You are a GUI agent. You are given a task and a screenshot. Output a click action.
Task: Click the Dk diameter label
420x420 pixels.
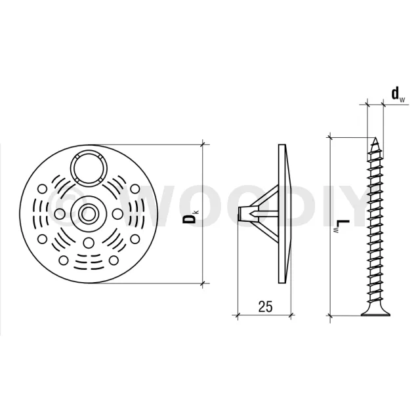[190, 217]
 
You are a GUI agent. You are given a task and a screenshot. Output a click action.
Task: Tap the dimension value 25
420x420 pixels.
[265, 306]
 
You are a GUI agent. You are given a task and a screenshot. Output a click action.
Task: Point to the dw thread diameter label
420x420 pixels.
[398, 94]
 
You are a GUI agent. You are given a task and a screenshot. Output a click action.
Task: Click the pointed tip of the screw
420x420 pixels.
[376, 138]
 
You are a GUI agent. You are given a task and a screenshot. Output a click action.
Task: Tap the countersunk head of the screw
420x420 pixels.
[375, 312]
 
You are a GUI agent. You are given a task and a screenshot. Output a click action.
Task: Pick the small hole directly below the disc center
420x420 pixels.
[88, 243]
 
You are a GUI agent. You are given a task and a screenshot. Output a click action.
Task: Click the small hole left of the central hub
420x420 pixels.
[59, 213]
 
